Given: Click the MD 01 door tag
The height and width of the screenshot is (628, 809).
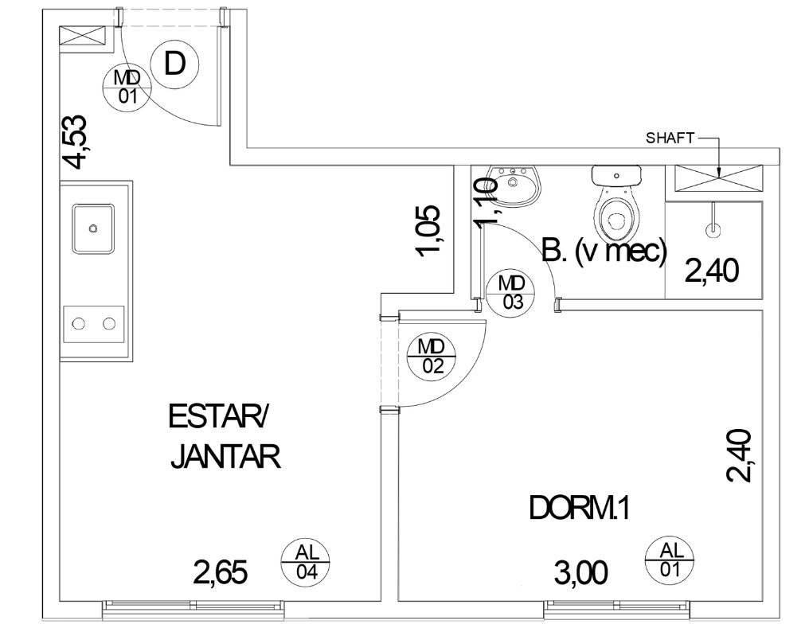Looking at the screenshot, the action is click(127, 87).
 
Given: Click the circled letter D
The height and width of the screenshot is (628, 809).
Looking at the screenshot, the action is click(174, 64).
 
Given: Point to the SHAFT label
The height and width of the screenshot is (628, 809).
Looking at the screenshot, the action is click(670, 138).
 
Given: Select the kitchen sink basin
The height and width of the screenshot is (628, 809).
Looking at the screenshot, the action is click(93, 228).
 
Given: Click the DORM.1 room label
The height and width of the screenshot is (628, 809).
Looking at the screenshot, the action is click(580, 508).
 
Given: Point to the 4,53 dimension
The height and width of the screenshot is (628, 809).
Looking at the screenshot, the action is click(74, 142).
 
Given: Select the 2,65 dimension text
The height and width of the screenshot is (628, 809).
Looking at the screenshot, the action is click(221, 573).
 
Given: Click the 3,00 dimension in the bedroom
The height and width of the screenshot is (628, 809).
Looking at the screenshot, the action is click(581, 573).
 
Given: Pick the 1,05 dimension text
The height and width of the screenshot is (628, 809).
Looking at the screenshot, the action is click(428, 231).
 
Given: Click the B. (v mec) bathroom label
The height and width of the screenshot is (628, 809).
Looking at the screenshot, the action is click(604, 252).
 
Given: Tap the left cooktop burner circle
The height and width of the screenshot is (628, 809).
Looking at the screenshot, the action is click(78, 324).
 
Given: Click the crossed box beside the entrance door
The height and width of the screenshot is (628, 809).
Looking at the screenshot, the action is click(83, 38).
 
